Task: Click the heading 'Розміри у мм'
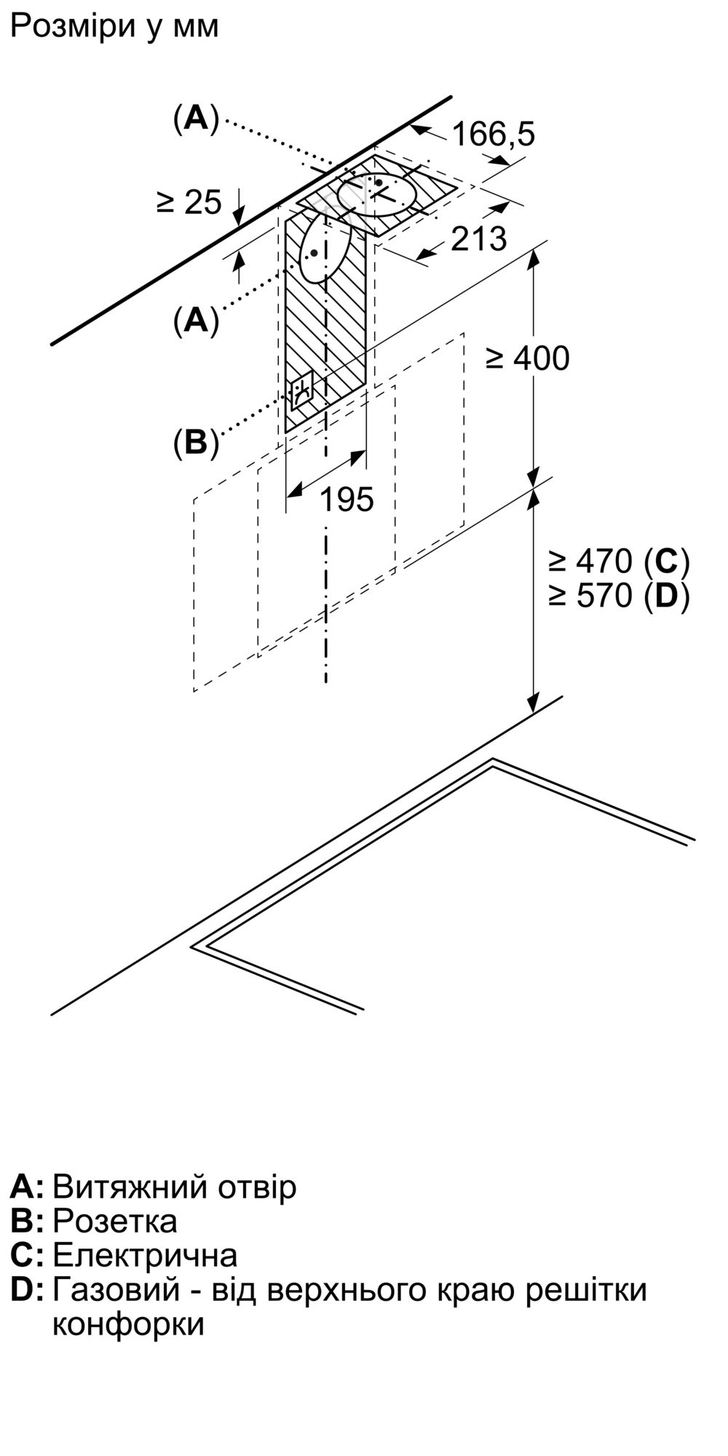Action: point(115,27)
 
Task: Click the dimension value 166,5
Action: point(493,134)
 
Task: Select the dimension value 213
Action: point(478,239)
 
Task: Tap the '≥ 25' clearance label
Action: point(189,202)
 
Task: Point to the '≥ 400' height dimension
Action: point(528,358)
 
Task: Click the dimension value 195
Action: point(347,499)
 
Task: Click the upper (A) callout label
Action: point(196,118)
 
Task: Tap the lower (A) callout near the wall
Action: point(196,320)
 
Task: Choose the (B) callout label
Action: point(196,442)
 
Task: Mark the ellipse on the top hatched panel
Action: point(378,194)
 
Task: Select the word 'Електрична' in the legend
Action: point(145,1255)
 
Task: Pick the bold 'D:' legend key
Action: point(28,1290)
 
